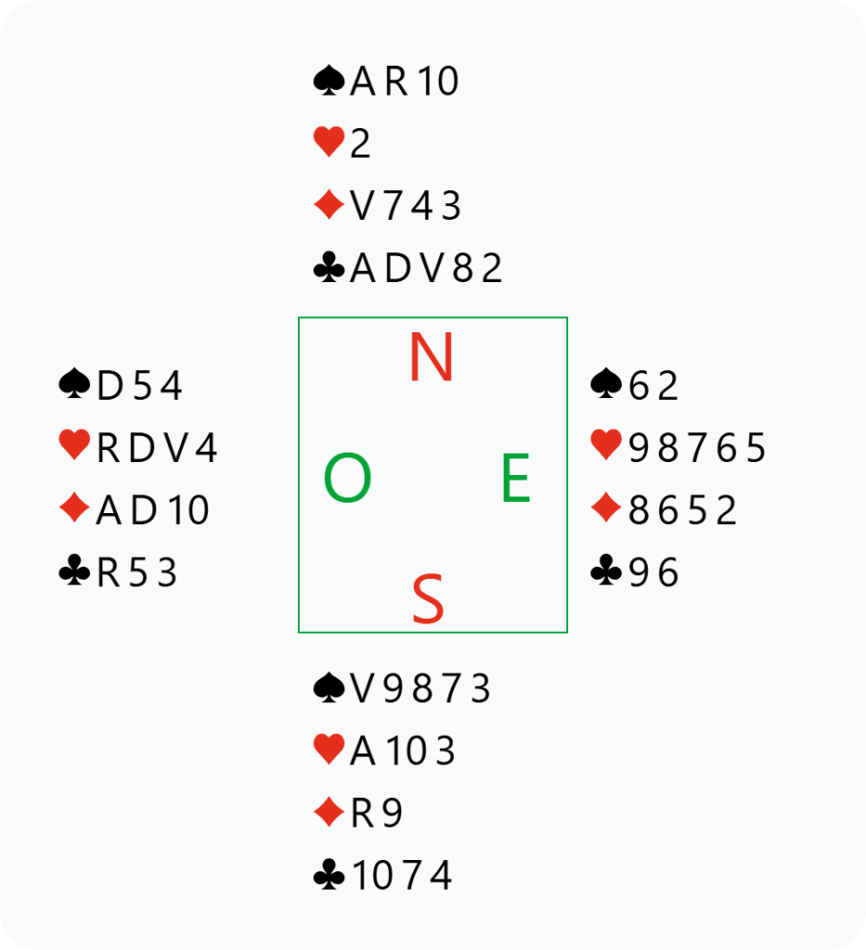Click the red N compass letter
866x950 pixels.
pos(431,358)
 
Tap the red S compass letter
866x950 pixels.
pos(428,600)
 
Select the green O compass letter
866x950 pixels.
pos(347,480)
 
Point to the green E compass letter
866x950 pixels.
pos(515,480)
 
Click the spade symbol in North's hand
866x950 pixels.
pos(330,82)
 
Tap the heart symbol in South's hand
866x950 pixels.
pos(330,750)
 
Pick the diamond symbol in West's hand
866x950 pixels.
pos(75,509)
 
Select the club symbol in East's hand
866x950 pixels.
pos(607,572)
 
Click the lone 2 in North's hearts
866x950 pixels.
pos(360,144)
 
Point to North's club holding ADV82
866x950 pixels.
pos(426,269)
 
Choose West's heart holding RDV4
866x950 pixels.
pos(157,448)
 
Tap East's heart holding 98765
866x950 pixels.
pos(698,448)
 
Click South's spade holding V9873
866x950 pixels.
pos(420,688)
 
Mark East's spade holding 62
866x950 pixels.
pos(654,385)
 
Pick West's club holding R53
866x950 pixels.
pos(136,573)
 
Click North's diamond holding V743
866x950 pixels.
pos(406,206)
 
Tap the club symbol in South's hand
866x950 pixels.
pos(330,876)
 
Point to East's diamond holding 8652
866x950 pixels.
pos(683,510)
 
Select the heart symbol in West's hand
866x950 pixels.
pos(75,447)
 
